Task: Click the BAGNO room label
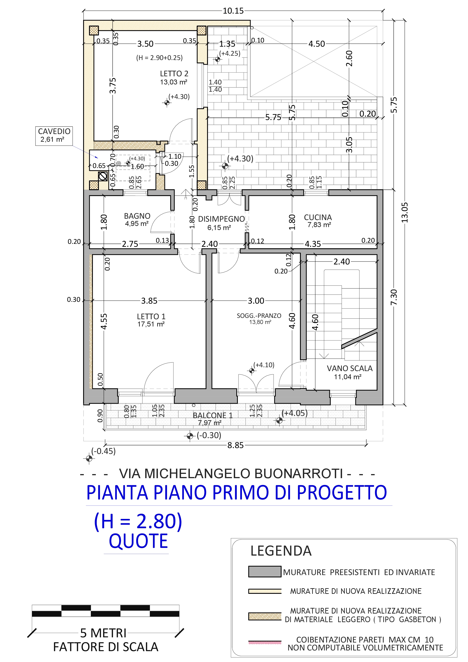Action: [x=137, y=216]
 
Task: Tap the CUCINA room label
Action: [x=318, y=217]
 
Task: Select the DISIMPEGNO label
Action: [x=221, y=219]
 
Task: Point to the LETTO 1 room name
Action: [x=151, y=317]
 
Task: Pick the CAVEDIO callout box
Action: [x=54, y=136]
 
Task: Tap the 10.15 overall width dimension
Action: [x=233, y=11]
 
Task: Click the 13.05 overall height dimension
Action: [x=405, y=213]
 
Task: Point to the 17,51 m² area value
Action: [x=151, y=324]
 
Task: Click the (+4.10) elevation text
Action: [x=264, y=365]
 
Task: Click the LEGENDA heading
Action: [x=281, y=551]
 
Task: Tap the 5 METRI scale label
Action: [x=103, y=633]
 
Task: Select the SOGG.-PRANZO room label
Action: [x=259, y=316]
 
